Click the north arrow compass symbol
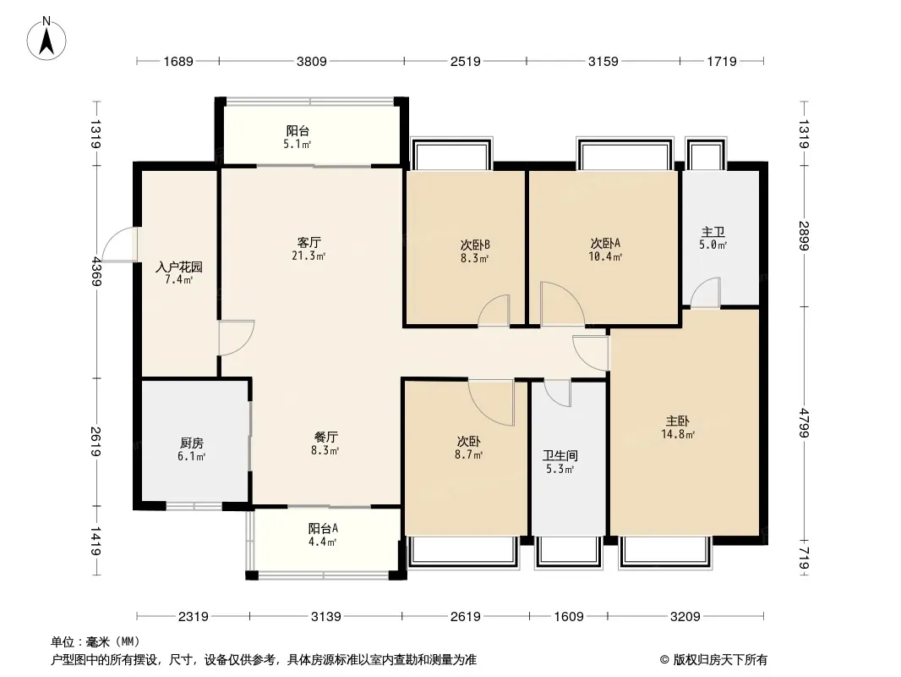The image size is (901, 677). click(46, 39)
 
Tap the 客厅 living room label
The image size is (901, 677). click(309, 242)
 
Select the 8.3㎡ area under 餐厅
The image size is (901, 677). click(325, 450)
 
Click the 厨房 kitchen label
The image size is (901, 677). click(191, 443)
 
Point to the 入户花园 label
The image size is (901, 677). click(179, 267)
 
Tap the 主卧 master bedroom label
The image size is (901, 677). click(678, 421)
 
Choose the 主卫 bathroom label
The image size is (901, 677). click(713, 232)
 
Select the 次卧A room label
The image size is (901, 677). click(605, 244)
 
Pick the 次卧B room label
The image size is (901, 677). click(475, 245)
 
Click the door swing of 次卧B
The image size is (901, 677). click(494, 311)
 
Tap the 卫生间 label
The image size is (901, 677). click(560, 456)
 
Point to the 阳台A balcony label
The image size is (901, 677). click(323, 528)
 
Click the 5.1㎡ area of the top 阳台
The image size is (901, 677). click(297, 145)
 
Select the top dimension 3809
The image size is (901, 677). click(311, 61)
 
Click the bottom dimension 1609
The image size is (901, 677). click(569, 617)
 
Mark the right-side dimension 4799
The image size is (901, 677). click(804, 423)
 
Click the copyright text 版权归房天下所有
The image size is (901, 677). click(719, 660)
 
